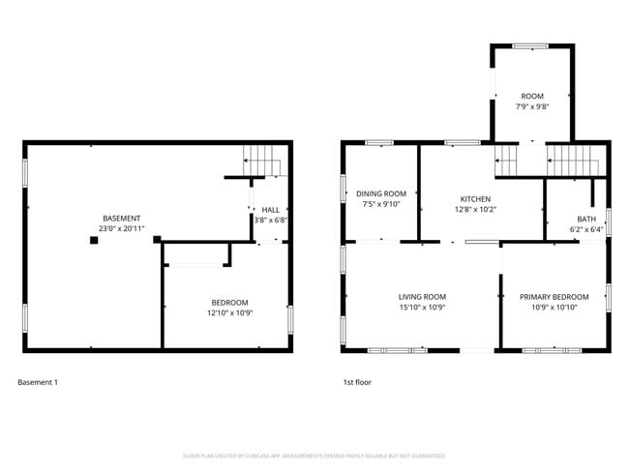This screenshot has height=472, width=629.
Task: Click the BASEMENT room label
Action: pos(122,218)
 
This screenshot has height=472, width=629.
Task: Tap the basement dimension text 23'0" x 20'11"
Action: pos(122,228)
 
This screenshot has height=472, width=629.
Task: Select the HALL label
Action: pos(270,209)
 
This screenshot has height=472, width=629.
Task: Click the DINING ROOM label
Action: pos(380,193)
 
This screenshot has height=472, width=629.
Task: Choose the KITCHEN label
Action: pos(475,198)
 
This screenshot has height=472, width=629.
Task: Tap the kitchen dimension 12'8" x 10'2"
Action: pos(475,209)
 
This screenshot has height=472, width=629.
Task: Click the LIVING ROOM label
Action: pos(422,297)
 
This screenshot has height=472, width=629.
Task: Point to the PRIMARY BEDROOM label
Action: pos(554,297)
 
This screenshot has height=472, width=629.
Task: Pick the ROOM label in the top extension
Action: pos(532,96)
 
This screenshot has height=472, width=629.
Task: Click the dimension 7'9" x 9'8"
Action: pos(532,106)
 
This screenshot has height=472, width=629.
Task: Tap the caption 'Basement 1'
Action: pos(38,382)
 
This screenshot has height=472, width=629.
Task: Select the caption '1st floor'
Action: pos(357,382)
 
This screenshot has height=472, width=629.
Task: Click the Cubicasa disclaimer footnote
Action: pos(314,455)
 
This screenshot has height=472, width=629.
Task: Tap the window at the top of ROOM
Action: pos(530,45)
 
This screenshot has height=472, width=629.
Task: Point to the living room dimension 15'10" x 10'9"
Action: pos(422,308)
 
